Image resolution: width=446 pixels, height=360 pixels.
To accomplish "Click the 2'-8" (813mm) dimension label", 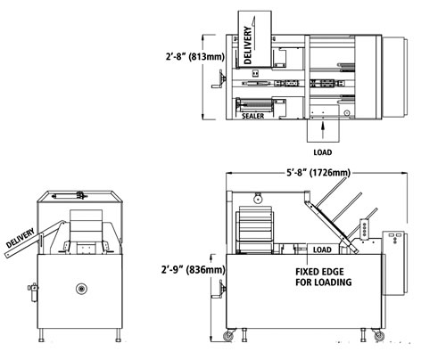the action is click(x=195, y=56).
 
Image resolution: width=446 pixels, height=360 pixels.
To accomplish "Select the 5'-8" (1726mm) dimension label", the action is click(x=318, y=172).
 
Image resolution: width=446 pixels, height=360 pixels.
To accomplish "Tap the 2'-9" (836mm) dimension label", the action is click(x=194, y=270).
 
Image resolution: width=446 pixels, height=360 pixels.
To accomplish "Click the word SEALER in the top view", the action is click(x=252, y=116).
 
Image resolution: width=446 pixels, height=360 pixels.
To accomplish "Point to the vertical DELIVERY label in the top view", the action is click(x=248, y=45).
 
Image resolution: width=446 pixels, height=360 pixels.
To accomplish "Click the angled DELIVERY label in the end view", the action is click(x=21, y=238).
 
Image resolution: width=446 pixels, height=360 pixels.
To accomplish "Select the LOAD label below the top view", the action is click(x=323, y=152).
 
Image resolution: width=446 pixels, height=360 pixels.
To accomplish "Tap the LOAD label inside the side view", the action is click(x=322, y=250).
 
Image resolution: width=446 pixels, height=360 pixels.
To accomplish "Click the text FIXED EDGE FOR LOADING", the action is click(x=324, y=277).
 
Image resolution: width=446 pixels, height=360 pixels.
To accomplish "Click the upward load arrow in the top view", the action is click(x=323, y=130).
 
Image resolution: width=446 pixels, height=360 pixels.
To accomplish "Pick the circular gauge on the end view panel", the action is click(x=81, y=289).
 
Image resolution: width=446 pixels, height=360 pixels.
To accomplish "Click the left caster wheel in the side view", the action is click(x=228, y=336).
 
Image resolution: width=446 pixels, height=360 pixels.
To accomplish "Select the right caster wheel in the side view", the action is click(x=379, y=336).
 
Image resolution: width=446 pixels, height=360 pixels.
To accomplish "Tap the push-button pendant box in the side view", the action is click(x=364, y=228).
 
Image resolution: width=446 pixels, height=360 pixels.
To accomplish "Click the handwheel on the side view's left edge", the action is click(x=219, y=289).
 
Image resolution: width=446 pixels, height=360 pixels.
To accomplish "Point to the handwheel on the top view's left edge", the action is click(x=219, y=78).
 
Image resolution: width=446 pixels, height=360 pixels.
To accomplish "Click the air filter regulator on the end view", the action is click(x=33, y=292).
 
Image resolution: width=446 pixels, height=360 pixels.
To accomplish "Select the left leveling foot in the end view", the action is click(x=41, y=335).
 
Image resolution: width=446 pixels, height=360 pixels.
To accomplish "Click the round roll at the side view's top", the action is click(x=258, y=199).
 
